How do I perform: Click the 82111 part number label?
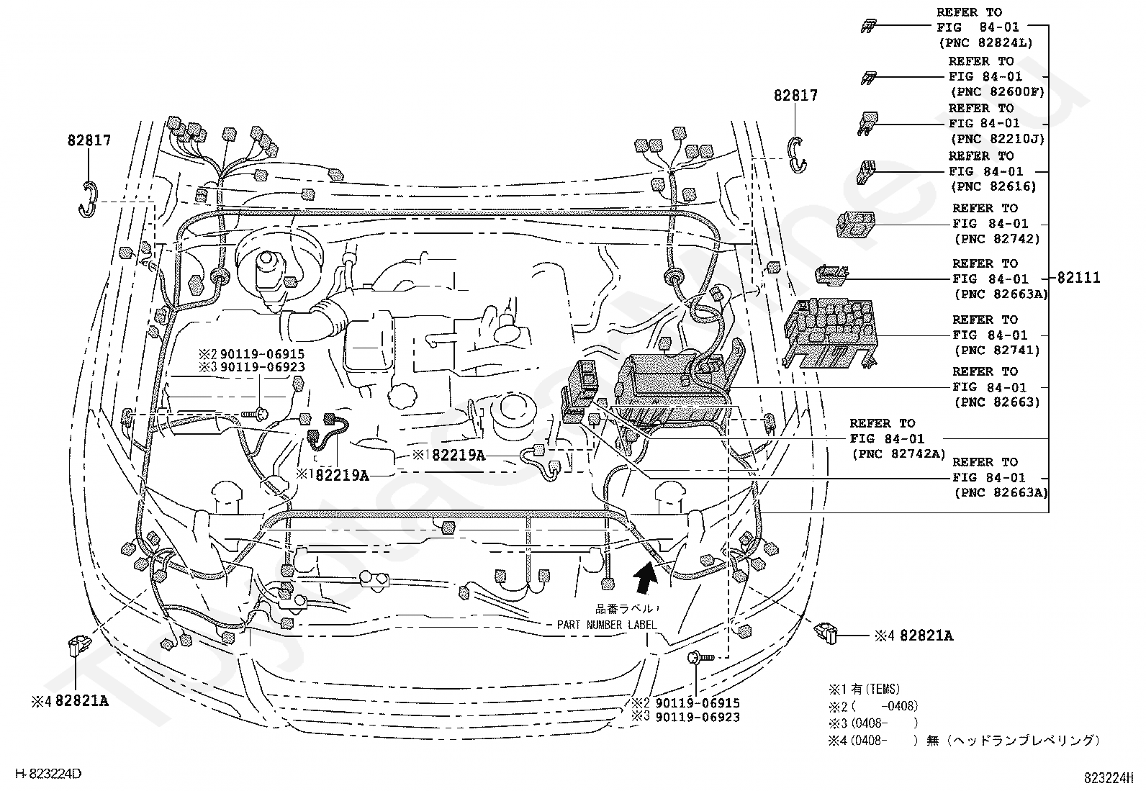point(1078,278)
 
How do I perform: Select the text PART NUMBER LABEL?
point(607,625)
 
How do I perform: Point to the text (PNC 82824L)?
point(985,43)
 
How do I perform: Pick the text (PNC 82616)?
point(993,186)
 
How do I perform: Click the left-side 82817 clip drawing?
point(88,199)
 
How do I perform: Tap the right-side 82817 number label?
point(795,95)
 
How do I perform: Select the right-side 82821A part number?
point(926,636)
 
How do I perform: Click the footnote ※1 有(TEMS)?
point(864,690)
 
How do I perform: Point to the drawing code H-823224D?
point(49,774)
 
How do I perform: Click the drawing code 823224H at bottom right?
point(1108,778)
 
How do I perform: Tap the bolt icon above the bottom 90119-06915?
point(701,657)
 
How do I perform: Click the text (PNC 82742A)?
point(898,454)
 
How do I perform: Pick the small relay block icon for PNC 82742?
point(855,224)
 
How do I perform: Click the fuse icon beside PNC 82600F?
point(868,78)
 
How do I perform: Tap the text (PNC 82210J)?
point(998,139)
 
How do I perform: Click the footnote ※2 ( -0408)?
point(873,706)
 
